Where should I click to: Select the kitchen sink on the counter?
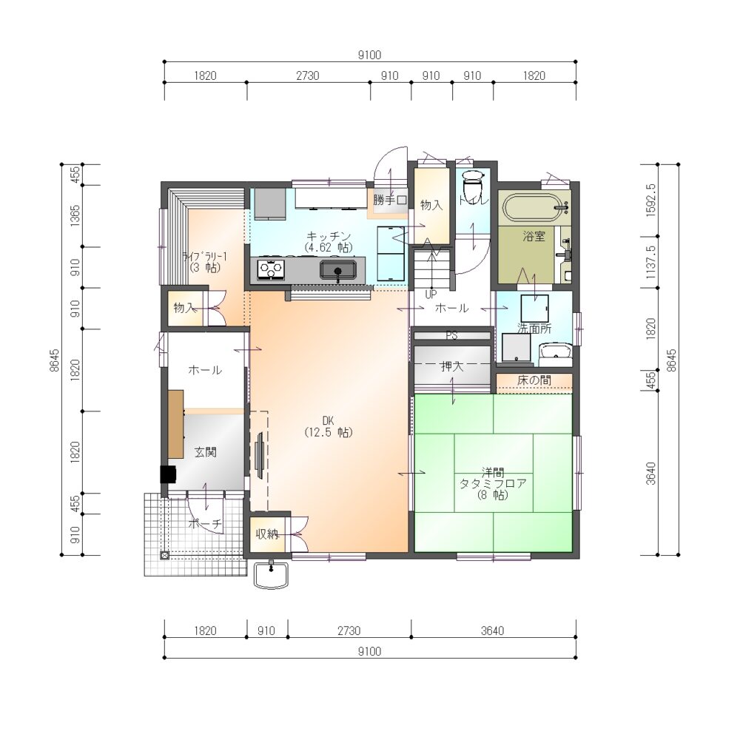tap(337, 270)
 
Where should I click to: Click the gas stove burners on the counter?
tap(271, 269)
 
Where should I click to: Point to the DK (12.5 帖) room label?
tap(329, 427)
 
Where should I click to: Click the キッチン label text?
tap(329, 235)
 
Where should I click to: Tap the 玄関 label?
tap(205, 452)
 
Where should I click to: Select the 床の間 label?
tap(534, 380)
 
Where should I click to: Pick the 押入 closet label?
tap(451, 366)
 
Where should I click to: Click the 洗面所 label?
tap(534, 329)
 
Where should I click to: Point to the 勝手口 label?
tap(390, 200)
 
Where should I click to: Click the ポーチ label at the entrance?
tap(205, 523)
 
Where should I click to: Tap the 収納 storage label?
tap(267, 534)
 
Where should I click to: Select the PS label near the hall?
tap(451, 335)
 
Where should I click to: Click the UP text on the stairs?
tap(431, 295)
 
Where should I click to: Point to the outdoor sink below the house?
tap(271, 575)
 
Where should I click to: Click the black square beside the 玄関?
tap(169, 474)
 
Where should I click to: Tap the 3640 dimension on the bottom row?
tap(493, 630)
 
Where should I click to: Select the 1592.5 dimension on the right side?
tap(650, 200)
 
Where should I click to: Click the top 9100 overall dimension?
tap(369, 55)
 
